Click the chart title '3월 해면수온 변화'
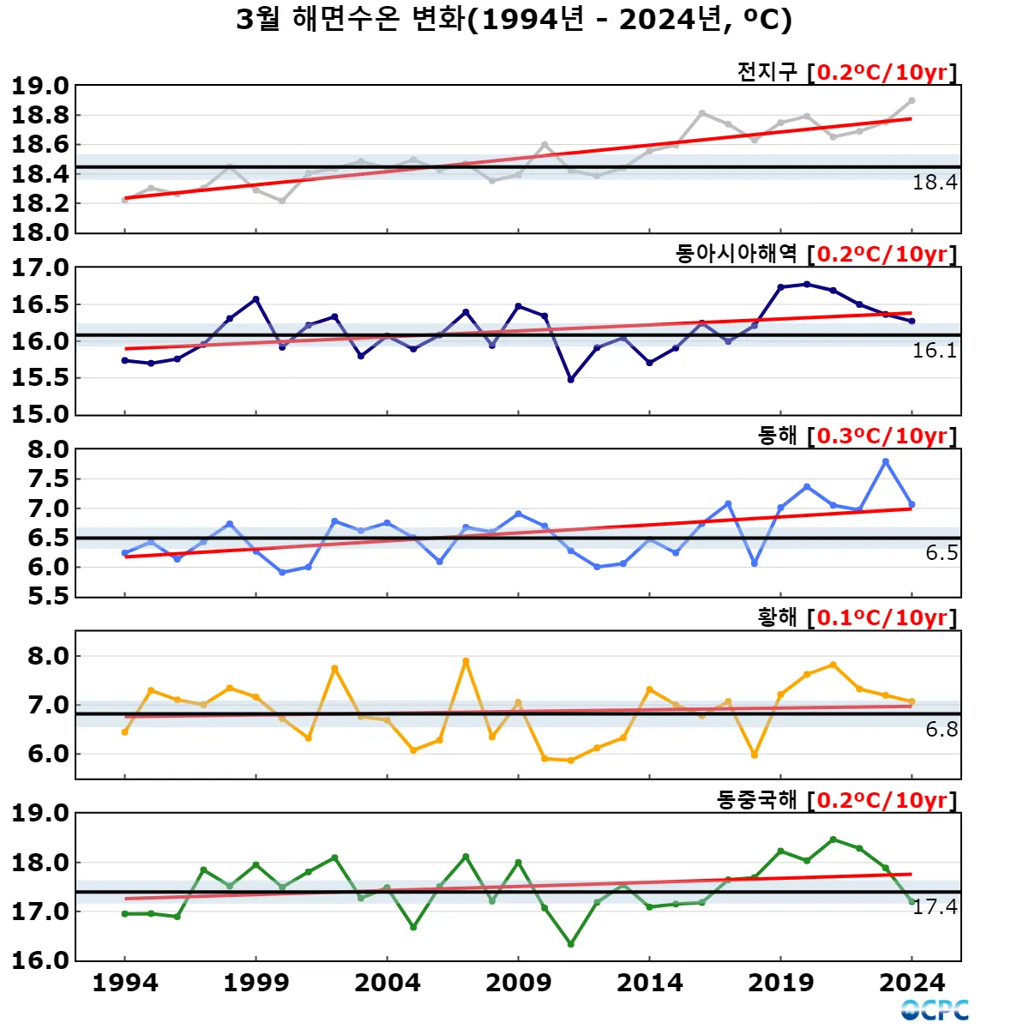pyautogui.click(x=352, y=19)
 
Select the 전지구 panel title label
pyautogui.click(x=767, y=72)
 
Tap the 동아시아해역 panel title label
pyautogui.click(x=737, y=254)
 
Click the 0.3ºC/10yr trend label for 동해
pyautogui.click(x=882, y=436)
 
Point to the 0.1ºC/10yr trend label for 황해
pyautogui.click(x=882, y=617)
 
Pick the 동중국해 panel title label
pyautogui.click(x=757, y=800)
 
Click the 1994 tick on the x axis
pyautogui.click(x=125, y=983)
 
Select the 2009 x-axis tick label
pyautogui.click(x=518, y=983)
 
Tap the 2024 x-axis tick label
pyautogui.click(x=912, y=983)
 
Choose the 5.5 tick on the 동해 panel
pyautogui.click(x=49, y=596)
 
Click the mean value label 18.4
pyautogui.click(x=935, y=182)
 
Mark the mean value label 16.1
pyautogui.click(x=935, y=350)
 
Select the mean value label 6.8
pyautogui.click(x=942, y=730)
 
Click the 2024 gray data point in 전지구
pyautogui.click(x=912, y=100)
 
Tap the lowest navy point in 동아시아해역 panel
pyautogui.click(x=571, y=379)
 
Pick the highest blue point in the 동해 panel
pyautogui.click(x=886, y=461)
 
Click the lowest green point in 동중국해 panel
pyautogui.click(x=571, y=944)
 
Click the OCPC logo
pyautogui.click(x=935, y=1010)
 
